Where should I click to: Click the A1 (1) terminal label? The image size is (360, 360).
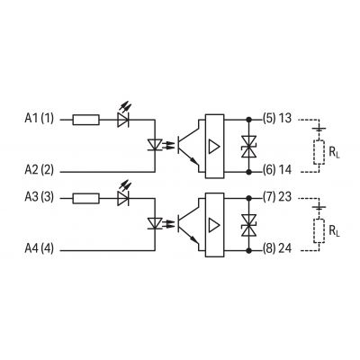click(x=39, y=119)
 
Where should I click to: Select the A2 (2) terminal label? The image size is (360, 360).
click(x=39, y=170)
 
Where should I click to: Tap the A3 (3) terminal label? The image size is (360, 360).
click(x=39, y=197)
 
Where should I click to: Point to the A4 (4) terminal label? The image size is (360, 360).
click(x=39, y=248)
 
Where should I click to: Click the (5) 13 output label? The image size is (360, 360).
click(x=277, y=119)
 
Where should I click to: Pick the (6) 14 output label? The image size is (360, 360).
click(x=277, y=170)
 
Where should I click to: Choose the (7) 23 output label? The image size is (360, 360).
click(x=277, y=197)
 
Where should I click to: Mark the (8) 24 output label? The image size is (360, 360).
click(x=277, y=248)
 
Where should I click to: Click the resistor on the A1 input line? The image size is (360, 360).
click(x=85, y=120)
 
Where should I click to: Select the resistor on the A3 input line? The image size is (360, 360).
click(x=85, y=199)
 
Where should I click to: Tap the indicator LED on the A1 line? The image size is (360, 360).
click(x=123, y=117)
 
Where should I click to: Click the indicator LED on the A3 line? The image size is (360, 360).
click(x=123, y=195)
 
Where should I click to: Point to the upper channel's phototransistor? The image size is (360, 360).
click(x=187, y=146)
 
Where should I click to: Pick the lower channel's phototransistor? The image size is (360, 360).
click(x=187, y=224)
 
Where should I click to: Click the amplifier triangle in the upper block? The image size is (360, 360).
click(x=214, y=147)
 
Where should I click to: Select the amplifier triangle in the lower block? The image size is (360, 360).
click(x=214, y=225)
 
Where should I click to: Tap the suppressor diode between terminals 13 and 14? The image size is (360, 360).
click(x=248, y=147)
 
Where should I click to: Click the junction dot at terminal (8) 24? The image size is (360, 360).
click(x=248, y=250)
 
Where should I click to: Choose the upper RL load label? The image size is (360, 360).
click(x=334, y=153)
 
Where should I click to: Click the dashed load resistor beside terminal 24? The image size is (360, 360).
click(x=319, y=231)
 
